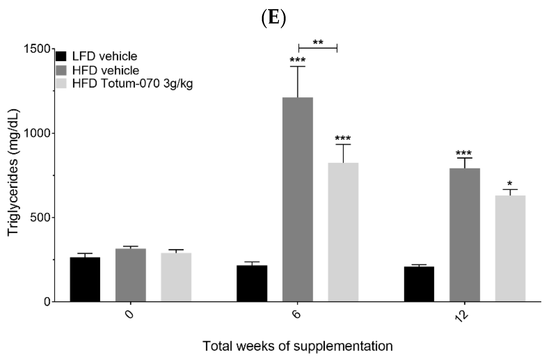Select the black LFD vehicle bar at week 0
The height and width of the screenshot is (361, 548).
pos(85,279)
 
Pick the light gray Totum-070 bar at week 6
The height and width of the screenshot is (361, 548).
pos(343,232)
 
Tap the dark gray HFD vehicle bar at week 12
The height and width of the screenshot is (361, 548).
pos(465,235)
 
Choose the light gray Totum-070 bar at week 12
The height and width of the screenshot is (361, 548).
pos(510,249)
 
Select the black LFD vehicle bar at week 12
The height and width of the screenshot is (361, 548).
pos(419,284)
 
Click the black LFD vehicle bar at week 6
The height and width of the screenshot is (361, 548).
pos(252,283)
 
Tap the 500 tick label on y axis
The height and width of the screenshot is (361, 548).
pos(40,217)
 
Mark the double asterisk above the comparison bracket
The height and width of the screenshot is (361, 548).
pos(318,42)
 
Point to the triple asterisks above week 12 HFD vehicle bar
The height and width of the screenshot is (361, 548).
pos(464,153)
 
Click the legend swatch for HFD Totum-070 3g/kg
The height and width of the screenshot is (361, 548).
pos(61,84)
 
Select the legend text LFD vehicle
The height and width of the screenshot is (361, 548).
pos(105,56)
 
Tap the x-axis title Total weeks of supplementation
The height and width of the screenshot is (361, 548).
pos(298,346)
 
